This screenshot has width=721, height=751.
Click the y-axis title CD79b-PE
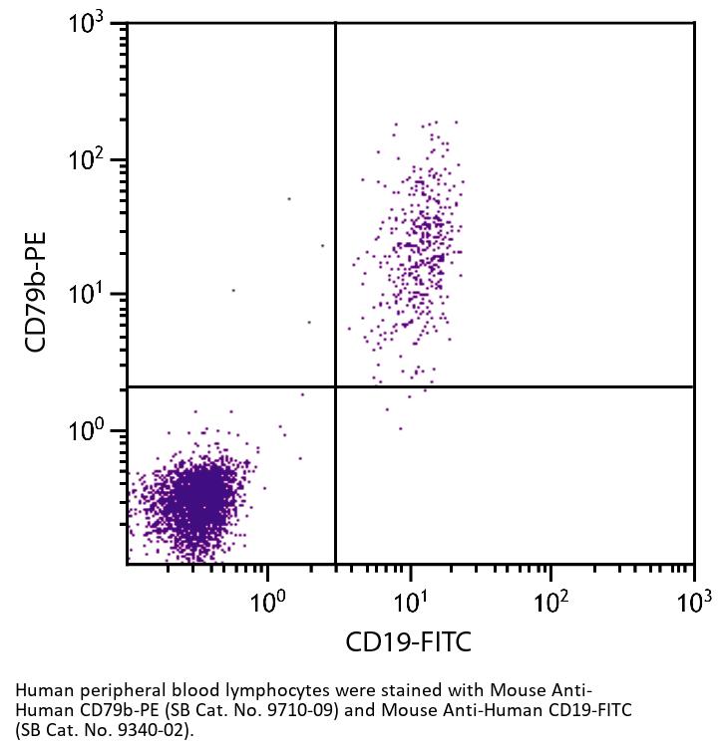tap(37, 292)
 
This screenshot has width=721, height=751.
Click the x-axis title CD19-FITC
tap(409, 642)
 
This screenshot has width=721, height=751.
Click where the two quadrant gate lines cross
tap(335, 386)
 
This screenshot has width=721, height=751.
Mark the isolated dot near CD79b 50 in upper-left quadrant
tap(289, 199)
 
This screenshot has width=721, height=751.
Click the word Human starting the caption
tap(38, 690)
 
